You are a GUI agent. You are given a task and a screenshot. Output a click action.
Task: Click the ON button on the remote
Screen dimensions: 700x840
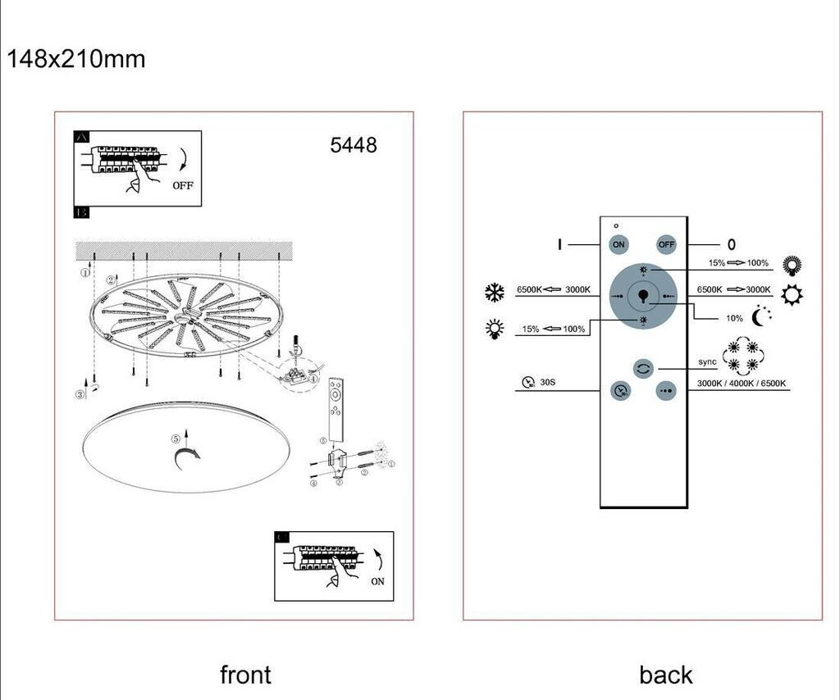pos(619,244)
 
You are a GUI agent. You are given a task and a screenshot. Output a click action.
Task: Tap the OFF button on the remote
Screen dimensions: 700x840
pos(665,244)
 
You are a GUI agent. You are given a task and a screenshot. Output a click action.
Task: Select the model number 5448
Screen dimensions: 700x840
pos(354,145)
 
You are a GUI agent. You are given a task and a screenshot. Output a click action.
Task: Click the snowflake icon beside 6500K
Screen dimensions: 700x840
pos(494,292)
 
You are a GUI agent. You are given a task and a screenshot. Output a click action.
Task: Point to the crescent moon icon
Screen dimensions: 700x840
pos(761,314)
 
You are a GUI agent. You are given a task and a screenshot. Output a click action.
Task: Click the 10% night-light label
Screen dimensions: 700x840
pos(734,318)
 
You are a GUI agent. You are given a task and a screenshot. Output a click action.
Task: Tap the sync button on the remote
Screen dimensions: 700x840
pos(643,368)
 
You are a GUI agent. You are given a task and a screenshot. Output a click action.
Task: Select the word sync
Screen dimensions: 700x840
pos(707,361)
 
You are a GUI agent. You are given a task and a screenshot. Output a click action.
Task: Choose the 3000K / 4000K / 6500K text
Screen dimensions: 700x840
pos(741,384)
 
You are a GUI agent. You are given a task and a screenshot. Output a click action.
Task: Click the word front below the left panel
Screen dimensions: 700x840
pos(245,675)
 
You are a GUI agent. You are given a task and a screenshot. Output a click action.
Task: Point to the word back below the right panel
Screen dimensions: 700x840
pos(666,675)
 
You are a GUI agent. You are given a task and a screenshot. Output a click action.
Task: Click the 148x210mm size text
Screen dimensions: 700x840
pos(76,59)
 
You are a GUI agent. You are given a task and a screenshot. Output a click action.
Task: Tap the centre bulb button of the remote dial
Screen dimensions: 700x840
pos(643,295)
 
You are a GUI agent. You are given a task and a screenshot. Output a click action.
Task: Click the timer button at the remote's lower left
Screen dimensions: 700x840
pos(620,391)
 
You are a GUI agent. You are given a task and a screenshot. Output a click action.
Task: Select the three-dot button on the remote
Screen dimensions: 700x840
pos(665,391)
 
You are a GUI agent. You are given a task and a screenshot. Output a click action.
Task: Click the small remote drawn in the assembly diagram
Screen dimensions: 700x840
pos(336,409)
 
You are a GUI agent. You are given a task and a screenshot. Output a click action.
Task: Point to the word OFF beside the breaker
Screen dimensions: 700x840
pos(183,185)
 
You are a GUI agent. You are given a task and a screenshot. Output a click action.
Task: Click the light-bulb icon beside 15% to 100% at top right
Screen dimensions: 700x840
pos(792,265)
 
